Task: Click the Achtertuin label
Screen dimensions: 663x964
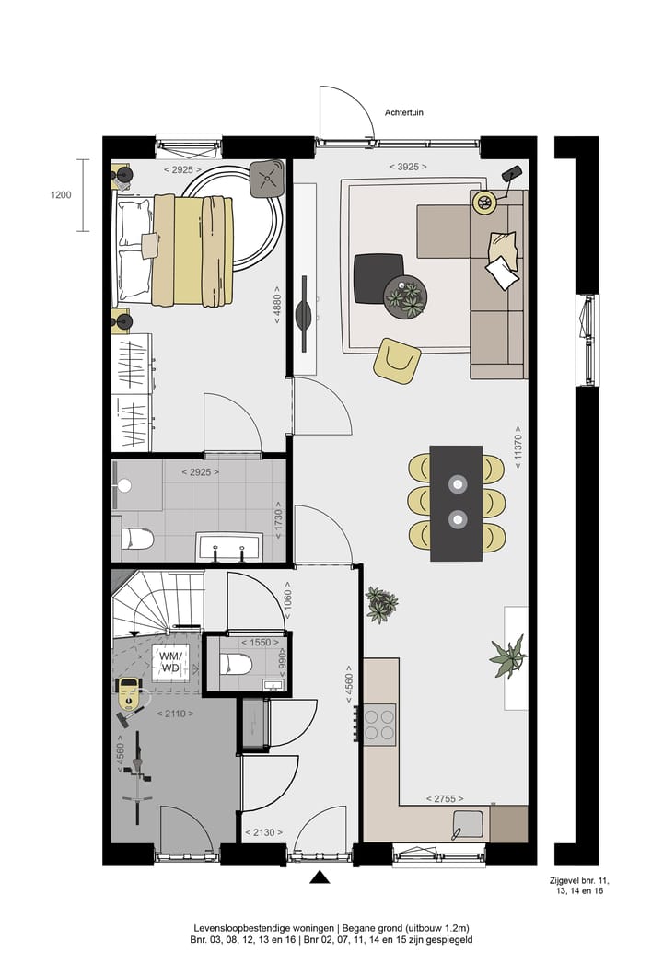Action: click(x=403, y=113)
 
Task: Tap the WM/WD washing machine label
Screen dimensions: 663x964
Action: click(x=170, y=661)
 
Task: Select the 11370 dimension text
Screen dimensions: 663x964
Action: click(x=518, y=447)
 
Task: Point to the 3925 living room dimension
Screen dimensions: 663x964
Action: click(x=408, y=167)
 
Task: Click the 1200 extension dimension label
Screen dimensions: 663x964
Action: click(x=60, y=195)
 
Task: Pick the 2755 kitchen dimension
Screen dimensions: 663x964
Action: click(x=445, y=798)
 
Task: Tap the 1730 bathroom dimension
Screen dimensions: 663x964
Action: click(x=278, y=524)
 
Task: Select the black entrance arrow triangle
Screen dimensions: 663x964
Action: click(x=320, y=877)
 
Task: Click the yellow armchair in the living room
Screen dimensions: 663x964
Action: click(x=397, y=361)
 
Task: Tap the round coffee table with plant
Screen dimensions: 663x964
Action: click(x=404, y=297)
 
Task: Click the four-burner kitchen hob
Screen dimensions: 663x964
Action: click(x=378, y=725)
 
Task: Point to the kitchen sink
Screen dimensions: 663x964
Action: click(x=468, y=825)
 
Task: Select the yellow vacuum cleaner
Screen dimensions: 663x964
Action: click(x=130, y=696)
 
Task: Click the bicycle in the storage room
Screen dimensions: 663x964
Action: click(x=138, y=777)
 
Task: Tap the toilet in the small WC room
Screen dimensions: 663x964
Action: click(x=237, y=665)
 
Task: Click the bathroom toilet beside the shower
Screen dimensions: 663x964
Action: click(x=136, y=540)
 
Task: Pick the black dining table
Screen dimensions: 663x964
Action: click(x=457, y=504)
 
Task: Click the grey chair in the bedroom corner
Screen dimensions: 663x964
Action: click(x=267, y=179)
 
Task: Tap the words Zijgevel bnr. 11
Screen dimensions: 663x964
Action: click(x=579, y=881)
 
